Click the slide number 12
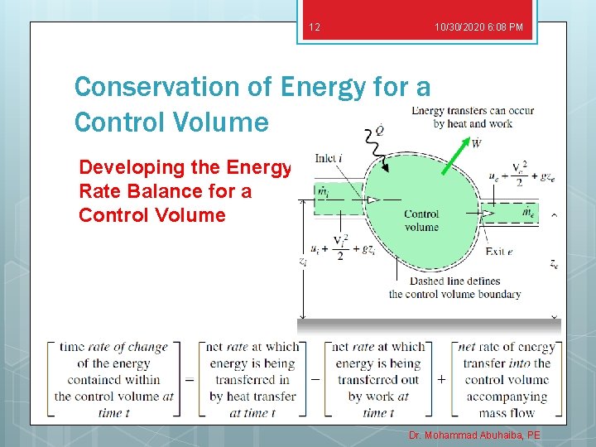(314, 28)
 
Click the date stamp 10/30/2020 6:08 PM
(478, 28)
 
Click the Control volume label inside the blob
(421, 220)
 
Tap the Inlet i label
(329, 157)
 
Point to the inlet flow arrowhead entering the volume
(373, 199)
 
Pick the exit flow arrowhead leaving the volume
(489, 214)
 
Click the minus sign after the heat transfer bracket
(314, 379)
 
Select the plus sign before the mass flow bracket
(440, 379)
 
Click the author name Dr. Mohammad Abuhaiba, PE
(473, 435)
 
